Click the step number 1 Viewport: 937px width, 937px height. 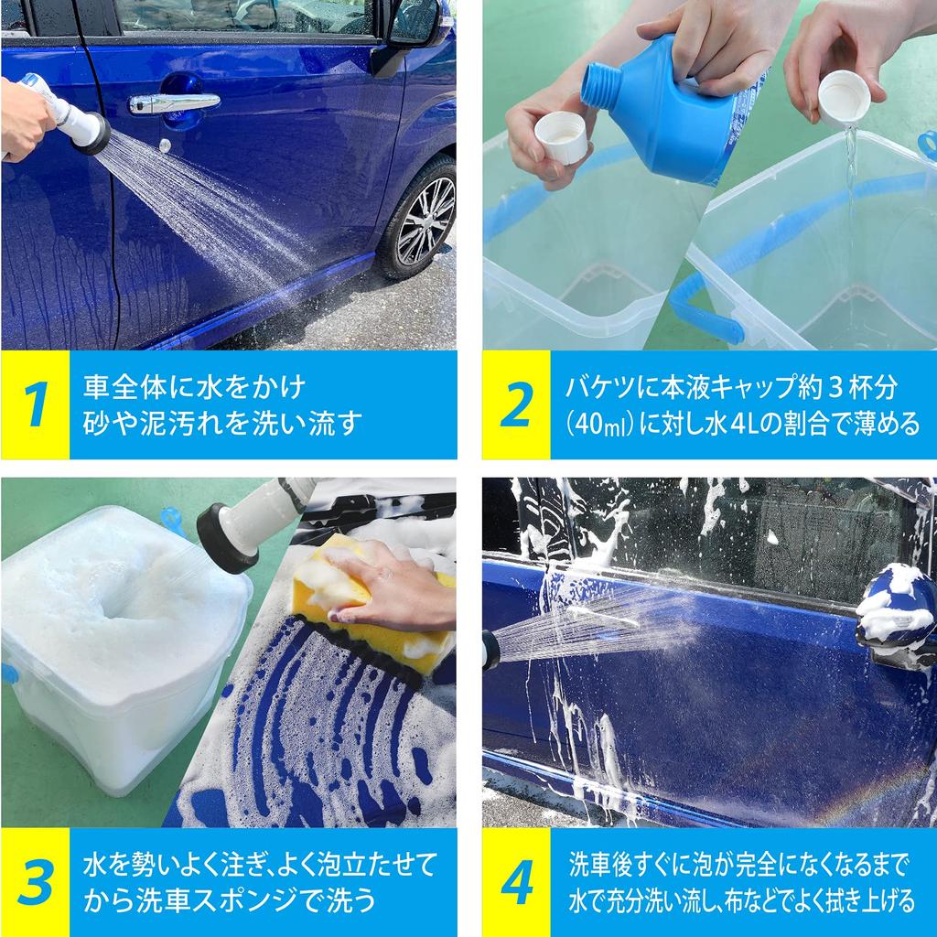tap(35, 404)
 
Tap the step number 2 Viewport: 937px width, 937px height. tap(515, 404)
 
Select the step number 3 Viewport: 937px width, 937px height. tap(35, 882)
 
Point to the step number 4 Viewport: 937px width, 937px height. tap(516, 882)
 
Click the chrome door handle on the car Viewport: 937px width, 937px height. tap(174, 102)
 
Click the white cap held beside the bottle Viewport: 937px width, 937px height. tap(560, 137)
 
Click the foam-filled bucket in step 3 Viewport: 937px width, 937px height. tap(119, 641)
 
